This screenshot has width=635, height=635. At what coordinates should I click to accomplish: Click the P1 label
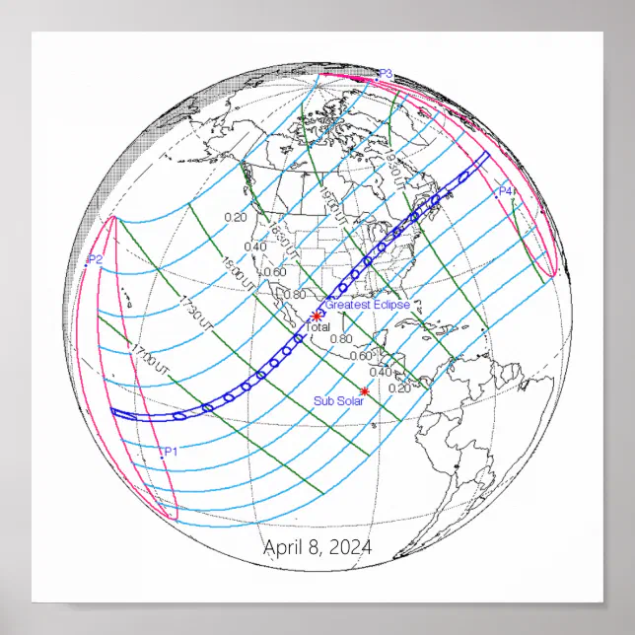pyautogui.click(x=170, y=451)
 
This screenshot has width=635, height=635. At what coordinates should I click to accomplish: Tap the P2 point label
pyautogui.click(x=95, y=259)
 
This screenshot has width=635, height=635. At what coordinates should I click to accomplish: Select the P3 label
pyautogui.click(x=386, y=74)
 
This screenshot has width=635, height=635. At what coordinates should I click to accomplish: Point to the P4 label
pyautogui.click(x=506, y=190)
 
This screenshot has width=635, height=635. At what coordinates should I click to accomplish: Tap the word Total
pyautogui.click(x=319, y=326)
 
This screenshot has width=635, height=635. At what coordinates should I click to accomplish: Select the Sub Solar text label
pyautogui.click(x=338, y=400)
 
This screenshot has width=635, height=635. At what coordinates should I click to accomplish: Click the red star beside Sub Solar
pyautogui.click(x=365, y=392)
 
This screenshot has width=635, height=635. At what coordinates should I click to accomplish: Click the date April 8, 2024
pyautogui.click(x=317, y=548)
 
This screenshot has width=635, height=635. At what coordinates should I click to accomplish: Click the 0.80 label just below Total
pyautogui.click(x=340, y=339)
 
